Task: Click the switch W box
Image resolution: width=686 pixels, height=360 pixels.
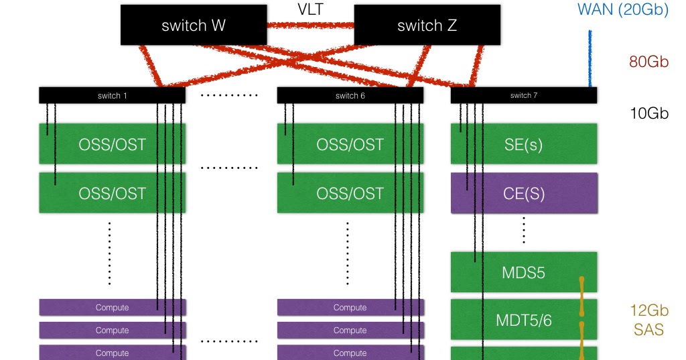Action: coord(194,25)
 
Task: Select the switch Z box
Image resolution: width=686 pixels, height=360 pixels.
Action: coord(427,25)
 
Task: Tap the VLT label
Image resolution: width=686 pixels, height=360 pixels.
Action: coord(311,9)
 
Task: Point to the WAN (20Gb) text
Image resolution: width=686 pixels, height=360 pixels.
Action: coord(623,10)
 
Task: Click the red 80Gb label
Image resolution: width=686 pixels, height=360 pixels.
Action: coord(648,62)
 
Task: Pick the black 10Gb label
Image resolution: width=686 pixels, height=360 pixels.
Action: coord(649,113)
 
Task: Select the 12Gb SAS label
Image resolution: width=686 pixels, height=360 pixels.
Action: coord(648,320)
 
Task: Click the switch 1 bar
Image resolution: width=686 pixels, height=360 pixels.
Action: coord(112,95)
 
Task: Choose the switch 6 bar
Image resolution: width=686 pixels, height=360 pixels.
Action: coord(350,95)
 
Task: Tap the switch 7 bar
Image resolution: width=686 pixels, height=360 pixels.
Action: coord(523,95)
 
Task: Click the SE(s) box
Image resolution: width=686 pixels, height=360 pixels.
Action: coord(523,144)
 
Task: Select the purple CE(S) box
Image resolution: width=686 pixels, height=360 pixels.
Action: coord(523,193)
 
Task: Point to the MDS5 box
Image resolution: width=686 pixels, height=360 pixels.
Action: coord(523,272)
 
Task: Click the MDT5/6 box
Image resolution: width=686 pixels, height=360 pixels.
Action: coord(523,320)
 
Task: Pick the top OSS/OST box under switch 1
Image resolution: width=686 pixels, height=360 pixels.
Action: coord(112,144)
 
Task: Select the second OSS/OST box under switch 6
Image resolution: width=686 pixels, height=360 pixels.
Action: coord(350,193)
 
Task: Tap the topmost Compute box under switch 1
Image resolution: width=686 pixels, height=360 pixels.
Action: coord(112,307)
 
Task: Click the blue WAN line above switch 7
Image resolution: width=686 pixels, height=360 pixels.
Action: coord(590,59)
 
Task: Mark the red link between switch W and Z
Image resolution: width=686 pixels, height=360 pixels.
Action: coord(310,25)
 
